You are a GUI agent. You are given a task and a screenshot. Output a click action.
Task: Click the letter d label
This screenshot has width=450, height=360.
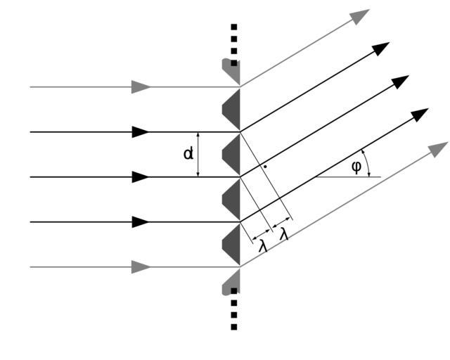click(188, 152)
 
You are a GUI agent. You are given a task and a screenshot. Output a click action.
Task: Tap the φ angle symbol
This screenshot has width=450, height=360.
click(356, 167)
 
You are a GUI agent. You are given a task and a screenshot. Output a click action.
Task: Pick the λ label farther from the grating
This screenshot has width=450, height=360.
click(284, 234)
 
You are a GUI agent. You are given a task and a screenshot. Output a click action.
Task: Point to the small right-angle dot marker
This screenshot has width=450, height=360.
click(264, 167)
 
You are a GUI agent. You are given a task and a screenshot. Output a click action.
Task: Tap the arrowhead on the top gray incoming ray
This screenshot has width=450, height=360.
click(141, 87)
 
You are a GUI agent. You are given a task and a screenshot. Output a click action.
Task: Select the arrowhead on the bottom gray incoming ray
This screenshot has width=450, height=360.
click(141, 267)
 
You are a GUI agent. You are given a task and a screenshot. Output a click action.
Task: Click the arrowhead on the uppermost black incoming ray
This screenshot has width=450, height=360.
click(141, 131)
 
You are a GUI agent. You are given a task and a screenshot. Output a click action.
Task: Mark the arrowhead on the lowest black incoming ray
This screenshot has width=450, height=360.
click(141, 222)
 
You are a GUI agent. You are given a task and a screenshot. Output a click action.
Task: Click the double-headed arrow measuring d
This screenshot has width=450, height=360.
click(199, 154)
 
